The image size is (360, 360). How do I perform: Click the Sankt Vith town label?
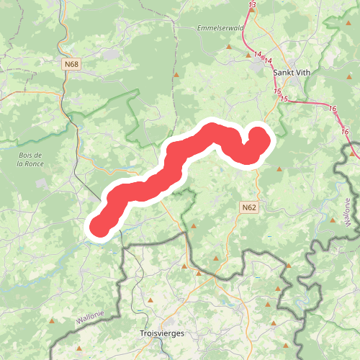pos(292,72)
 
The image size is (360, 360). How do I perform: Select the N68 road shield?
pos(71,65)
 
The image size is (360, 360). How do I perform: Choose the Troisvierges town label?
pos(161,334)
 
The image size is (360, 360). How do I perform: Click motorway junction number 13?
pos(251,6)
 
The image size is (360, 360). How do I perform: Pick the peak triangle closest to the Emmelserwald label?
pos(229,47)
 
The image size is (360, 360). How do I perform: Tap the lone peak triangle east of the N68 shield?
pos(176,74)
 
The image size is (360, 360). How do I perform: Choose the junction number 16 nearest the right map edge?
pos(345,132)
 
